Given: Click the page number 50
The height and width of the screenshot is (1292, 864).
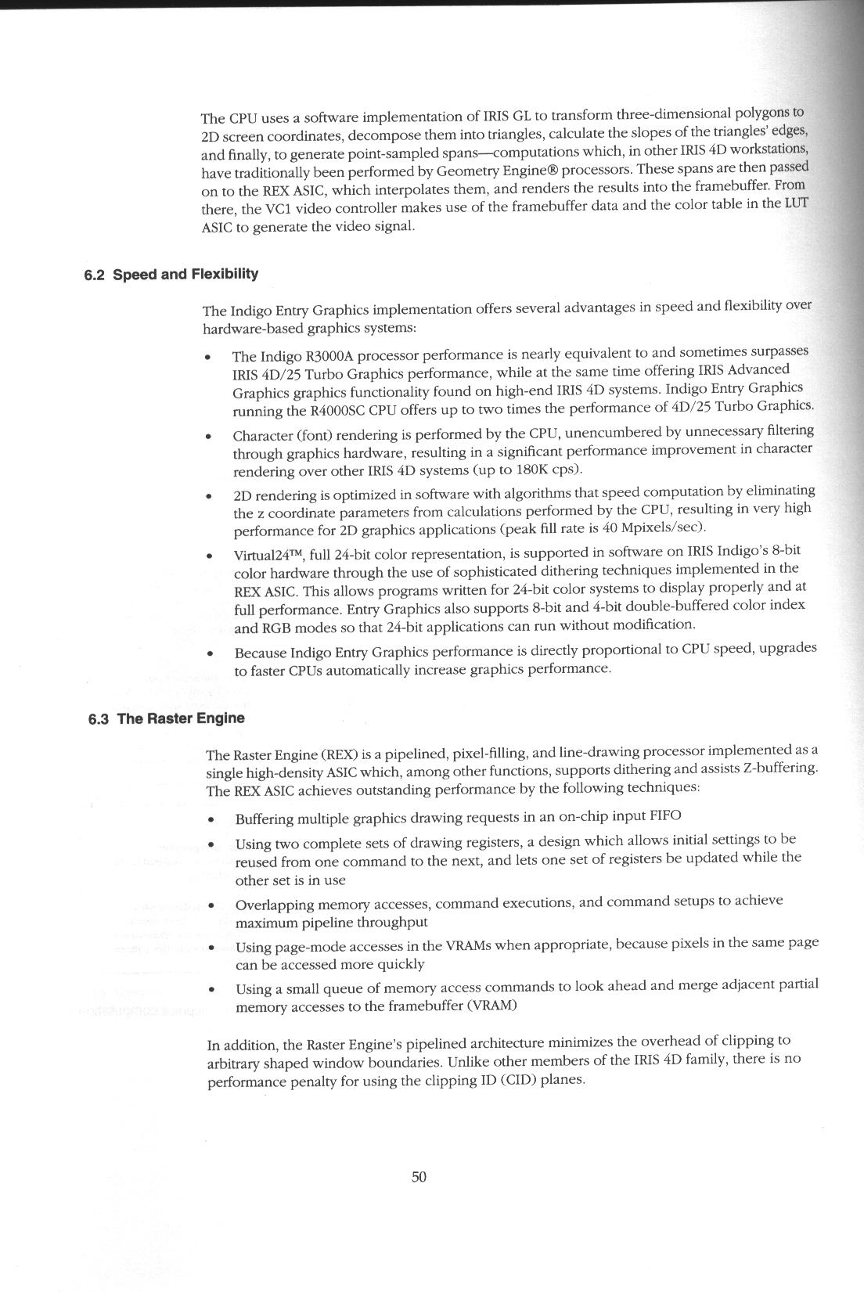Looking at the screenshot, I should [419, 1177].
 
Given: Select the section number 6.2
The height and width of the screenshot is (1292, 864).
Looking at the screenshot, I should [94, 275].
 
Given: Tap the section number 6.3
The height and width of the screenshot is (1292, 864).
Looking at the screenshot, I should [98, 718].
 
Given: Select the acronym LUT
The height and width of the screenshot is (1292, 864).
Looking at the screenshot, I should [796, 203].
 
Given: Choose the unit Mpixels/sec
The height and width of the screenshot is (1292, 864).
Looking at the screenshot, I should [664, 527].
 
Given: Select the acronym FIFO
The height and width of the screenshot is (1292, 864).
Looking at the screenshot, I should [665, 815].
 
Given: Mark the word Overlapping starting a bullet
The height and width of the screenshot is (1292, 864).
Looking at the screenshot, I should [269, 905].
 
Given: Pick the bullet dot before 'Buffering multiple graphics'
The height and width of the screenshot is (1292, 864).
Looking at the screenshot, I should [211, 820].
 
